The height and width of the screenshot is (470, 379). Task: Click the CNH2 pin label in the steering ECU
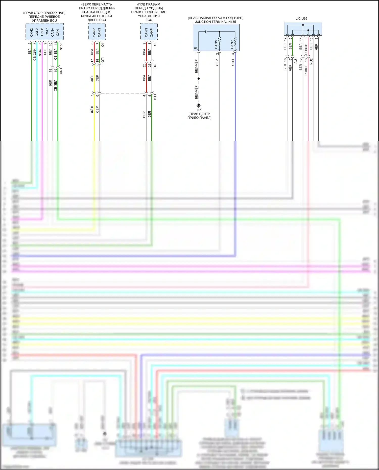point(32,32)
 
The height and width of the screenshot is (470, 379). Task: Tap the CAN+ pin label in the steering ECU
point(53,32)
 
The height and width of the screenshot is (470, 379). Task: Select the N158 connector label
point(61,46)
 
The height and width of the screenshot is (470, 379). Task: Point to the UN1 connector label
point(61,71)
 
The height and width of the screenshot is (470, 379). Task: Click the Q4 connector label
point(103,45)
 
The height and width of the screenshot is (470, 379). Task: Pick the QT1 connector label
point(103,60)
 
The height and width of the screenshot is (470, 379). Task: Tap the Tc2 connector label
point(155,66)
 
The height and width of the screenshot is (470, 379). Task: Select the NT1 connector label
point(155,97)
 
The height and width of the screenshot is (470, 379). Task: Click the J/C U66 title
point(301,19)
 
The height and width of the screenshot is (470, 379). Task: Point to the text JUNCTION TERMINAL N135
point(216,22)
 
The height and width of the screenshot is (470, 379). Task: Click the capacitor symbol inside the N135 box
point(206,32)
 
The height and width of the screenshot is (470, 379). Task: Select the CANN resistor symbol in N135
point(219,41)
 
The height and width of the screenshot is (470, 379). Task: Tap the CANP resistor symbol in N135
point(235,41)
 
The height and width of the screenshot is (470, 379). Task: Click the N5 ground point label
point(199,110)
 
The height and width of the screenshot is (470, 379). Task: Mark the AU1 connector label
point(296,60)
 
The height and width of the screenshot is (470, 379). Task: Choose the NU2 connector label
point(311,61)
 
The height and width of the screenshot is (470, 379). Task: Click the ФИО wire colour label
point(40,52)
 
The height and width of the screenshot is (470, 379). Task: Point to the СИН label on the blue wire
point(233,62)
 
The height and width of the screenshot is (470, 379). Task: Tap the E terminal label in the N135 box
point(195,48)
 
